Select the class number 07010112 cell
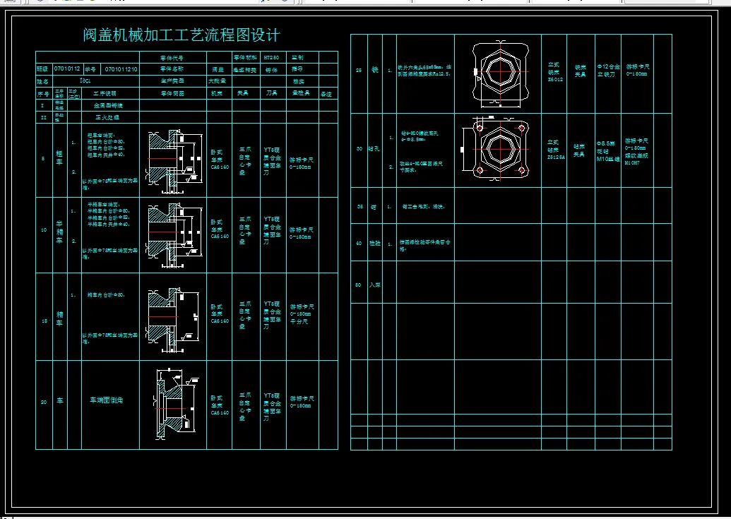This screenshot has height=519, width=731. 68,70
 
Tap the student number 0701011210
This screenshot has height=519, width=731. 121,70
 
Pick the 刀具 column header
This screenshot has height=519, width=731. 271,93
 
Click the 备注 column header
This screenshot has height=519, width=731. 326,93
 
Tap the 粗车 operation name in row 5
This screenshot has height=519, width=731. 59,160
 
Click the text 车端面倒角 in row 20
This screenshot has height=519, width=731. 106,400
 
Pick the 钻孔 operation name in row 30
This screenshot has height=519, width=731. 375,149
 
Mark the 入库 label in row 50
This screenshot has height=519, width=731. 375,285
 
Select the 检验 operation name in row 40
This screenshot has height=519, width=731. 375,243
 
